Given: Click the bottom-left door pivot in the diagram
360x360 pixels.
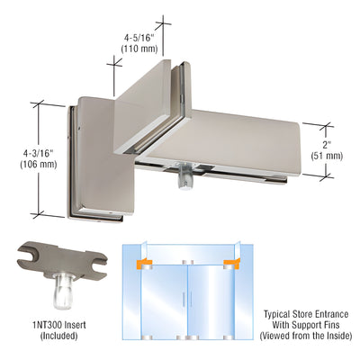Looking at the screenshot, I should point(144,338).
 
